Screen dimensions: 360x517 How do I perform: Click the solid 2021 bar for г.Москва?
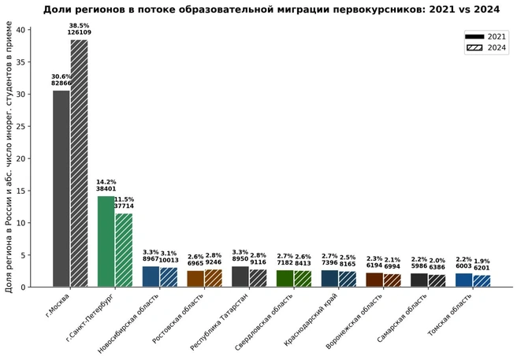click(61, 189)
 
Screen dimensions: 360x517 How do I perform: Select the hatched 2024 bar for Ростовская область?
click(213, 278)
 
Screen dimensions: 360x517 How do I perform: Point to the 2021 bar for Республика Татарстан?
click(240, 276)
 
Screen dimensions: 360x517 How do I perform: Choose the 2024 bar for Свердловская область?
click(303, 279)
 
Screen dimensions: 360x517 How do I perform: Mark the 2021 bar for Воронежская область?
click(374, 280)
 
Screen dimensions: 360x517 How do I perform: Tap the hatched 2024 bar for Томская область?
click(482, 280)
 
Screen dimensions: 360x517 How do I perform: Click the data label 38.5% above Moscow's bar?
click(79, 25)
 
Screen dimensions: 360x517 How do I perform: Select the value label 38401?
click(106, 189)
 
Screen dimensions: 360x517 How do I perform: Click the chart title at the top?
click(272, 9)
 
